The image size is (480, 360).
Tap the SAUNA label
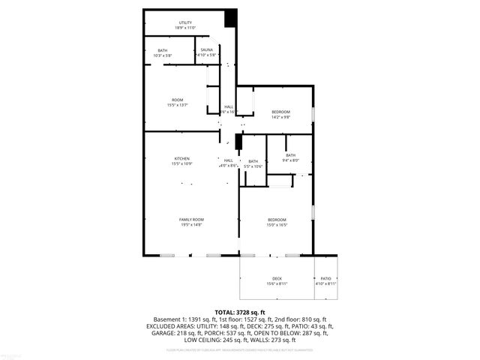pos(206,49)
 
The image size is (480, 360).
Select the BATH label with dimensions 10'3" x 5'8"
pos(163,49)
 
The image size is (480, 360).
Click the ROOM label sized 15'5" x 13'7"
pos(178,100)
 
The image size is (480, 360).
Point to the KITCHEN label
pos(182,158)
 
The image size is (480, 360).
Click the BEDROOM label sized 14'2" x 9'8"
pos(280,112)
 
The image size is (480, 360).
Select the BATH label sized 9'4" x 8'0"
pos(290,155)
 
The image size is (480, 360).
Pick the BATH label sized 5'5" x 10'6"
pos(253,161)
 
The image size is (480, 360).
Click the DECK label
pos(277,278)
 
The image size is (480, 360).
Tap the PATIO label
pos(325,278)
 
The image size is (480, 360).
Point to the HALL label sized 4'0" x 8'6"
pos(228,160)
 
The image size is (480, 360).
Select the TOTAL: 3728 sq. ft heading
pos(240,312)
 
